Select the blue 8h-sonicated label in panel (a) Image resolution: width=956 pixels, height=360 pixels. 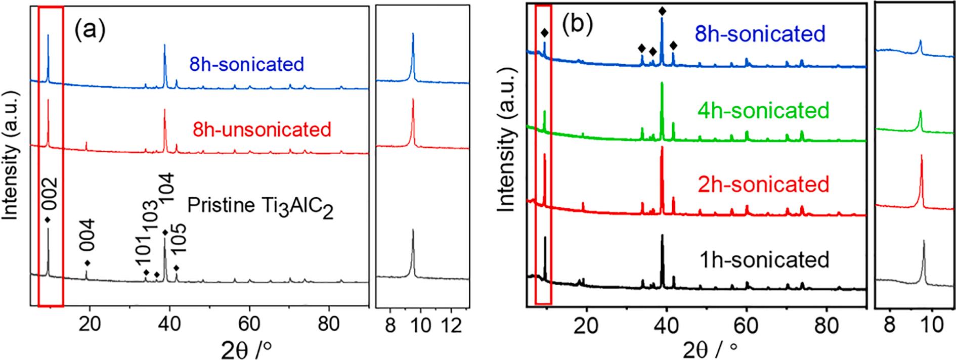point(246,65)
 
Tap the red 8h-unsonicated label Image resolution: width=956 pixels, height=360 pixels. point(262,129)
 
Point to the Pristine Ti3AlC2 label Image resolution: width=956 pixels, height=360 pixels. point(260,207)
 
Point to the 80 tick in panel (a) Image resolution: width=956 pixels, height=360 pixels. point(329,323)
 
